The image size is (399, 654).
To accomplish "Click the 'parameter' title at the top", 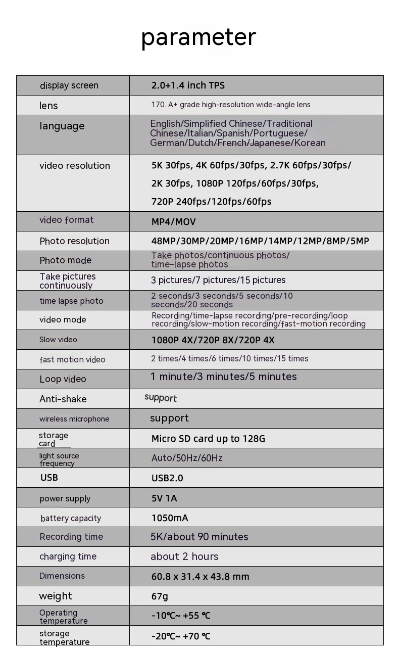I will pyautogui.click(x=198, y=37).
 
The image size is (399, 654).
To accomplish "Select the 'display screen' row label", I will pyautogui.click(x=69, y=85).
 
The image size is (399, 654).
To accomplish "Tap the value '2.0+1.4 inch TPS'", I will pyautogui.click(x=188, y=85).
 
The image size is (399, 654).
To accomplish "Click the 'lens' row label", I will pyautogui.click(x=48, y=106).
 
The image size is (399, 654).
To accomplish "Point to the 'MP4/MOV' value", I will pyautogui.click(x=173, y=222).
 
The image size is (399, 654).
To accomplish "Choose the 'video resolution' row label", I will pyautogui.click(x=75, y=166).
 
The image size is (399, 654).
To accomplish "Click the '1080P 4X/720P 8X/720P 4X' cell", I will pyautogui.click(x=213, y=340).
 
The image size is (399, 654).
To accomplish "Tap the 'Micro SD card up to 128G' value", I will pyautogui.click(x=208, y=439).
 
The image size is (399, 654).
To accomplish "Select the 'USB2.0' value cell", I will pyautogui.click(x=167, y=478).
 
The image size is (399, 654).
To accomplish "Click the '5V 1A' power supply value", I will pyautogui.click(x=164, y=498).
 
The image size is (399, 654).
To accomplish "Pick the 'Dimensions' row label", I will pyautogui.click(x=62, y=576).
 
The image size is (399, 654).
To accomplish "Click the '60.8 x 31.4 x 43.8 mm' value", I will pyautogui.click(x=200, y=577).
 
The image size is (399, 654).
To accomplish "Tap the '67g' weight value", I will pyautogui.click(x=160, y=596).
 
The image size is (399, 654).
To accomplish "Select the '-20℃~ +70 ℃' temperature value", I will pyautogui.click(x=181, y=636).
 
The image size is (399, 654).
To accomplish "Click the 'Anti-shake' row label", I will pyautogui.click(x=63, y=399).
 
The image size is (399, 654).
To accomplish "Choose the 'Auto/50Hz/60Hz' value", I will pyautogui.click(x=187, y=458).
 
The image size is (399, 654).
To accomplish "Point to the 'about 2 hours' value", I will pyautogui.click(x=184, y=557).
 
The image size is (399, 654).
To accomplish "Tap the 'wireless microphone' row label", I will pyautogui.click(x=74, y=419).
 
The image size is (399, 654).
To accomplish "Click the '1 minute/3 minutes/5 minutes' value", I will pyautogui.click(x=223, y=377).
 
